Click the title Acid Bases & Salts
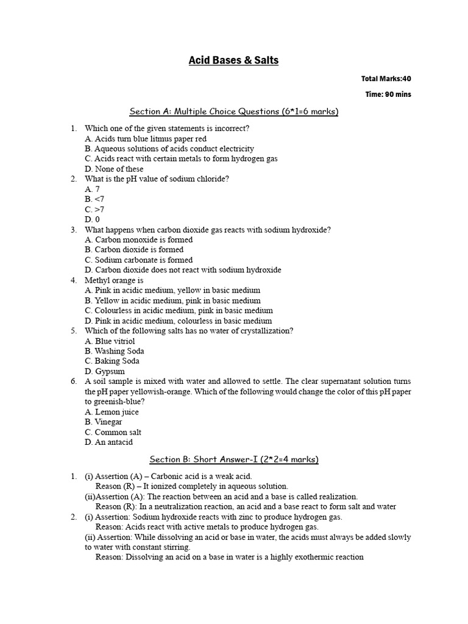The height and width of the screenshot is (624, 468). pyautogui.click(x=233, y=60)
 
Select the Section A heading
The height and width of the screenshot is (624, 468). pyautogui.click(x=233, y=112)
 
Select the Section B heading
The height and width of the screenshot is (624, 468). pyautogui.click(x=233, y=459)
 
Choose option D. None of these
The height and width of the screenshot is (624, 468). pyautogui.click(x=114, y=169)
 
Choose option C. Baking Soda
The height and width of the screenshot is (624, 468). pyautogui.click(x=112, y=361)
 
